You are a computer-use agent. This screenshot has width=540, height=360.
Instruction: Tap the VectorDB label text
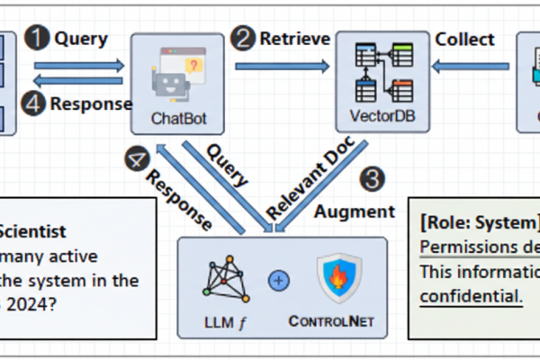tap(377, 118)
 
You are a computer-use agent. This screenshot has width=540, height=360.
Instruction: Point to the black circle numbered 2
tap(242, 39)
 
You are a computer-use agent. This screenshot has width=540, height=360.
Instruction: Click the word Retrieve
tap(289, 39)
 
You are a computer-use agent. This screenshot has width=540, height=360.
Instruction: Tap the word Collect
tap(464, 39)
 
